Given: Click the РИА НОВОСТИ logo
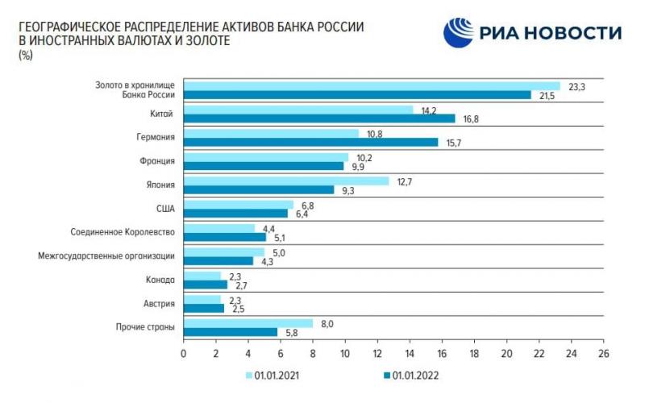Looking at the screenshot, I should tap(533, 32).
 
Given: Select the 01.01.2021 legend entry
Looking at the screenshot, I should tap(274, 375).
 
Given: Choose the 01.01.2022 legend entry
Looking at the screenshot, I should tap(410, 375).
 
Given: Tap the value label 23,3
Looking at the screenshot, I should tap(576, 86).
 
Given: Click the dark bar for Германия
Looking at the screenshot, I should tap(310, 142).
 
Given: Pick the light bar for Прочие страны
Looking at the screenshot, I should tap(248, 323).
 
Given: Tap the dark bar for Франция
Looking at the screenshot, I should tap(264, 166).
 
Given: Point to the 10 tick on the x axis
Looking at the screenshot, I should tap(345, 354).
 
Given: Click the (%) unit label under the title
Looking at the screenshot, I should tap(24, 54).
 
